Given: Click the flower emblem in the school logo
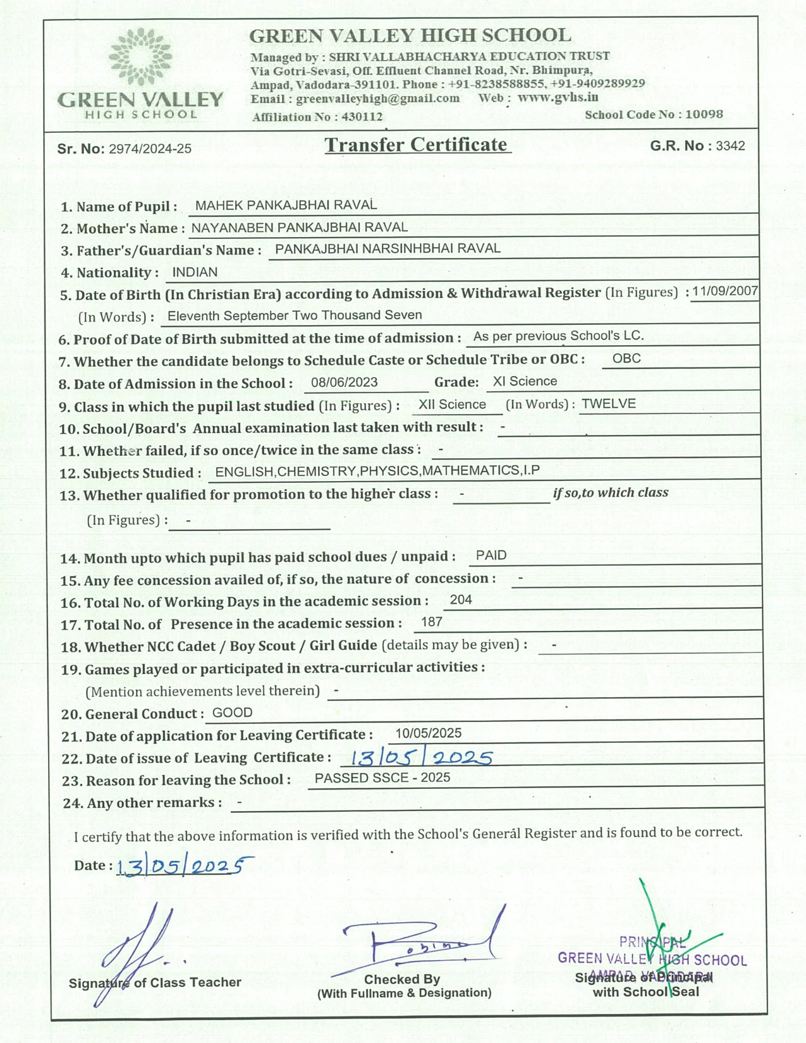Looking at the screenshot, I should pos(140,57).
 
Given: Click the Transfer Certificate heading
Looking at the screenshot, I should pos(417,145).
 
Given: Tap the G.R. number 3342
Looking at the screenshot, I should pos(730,146).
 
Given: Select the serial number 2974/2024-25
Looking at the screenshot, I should pos(150,149).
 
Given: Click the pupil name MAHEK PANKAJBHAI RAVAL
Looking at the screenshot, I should pos(286,205).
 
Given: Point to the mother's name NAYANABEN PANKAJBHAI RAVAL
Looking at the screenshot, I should pos(299,228).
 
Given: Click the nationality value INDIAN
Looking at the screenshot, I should pos(195,272).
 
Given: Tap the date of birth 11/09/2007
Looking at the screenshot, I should pos(724,291).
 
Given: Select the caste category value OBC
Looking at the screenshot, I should pos(626,358).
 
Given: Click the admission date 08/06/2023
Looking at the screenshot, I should pos(344,382).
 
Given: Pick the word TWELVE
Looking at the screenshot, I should pos(608,404).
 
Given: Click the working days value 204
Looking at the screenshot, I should pos(461,600).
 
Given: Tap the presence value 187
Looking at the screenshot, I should pos(431,622).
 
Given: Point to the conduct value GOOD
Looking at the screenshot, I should pos(232,713).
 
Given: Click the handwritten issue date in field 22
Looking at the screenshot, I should pos(421,757).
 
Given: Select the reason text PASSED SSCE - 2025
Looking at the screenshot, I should pos(382,778).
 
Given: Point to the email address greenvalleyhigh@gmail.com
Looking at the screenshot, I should pos(377,99).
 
